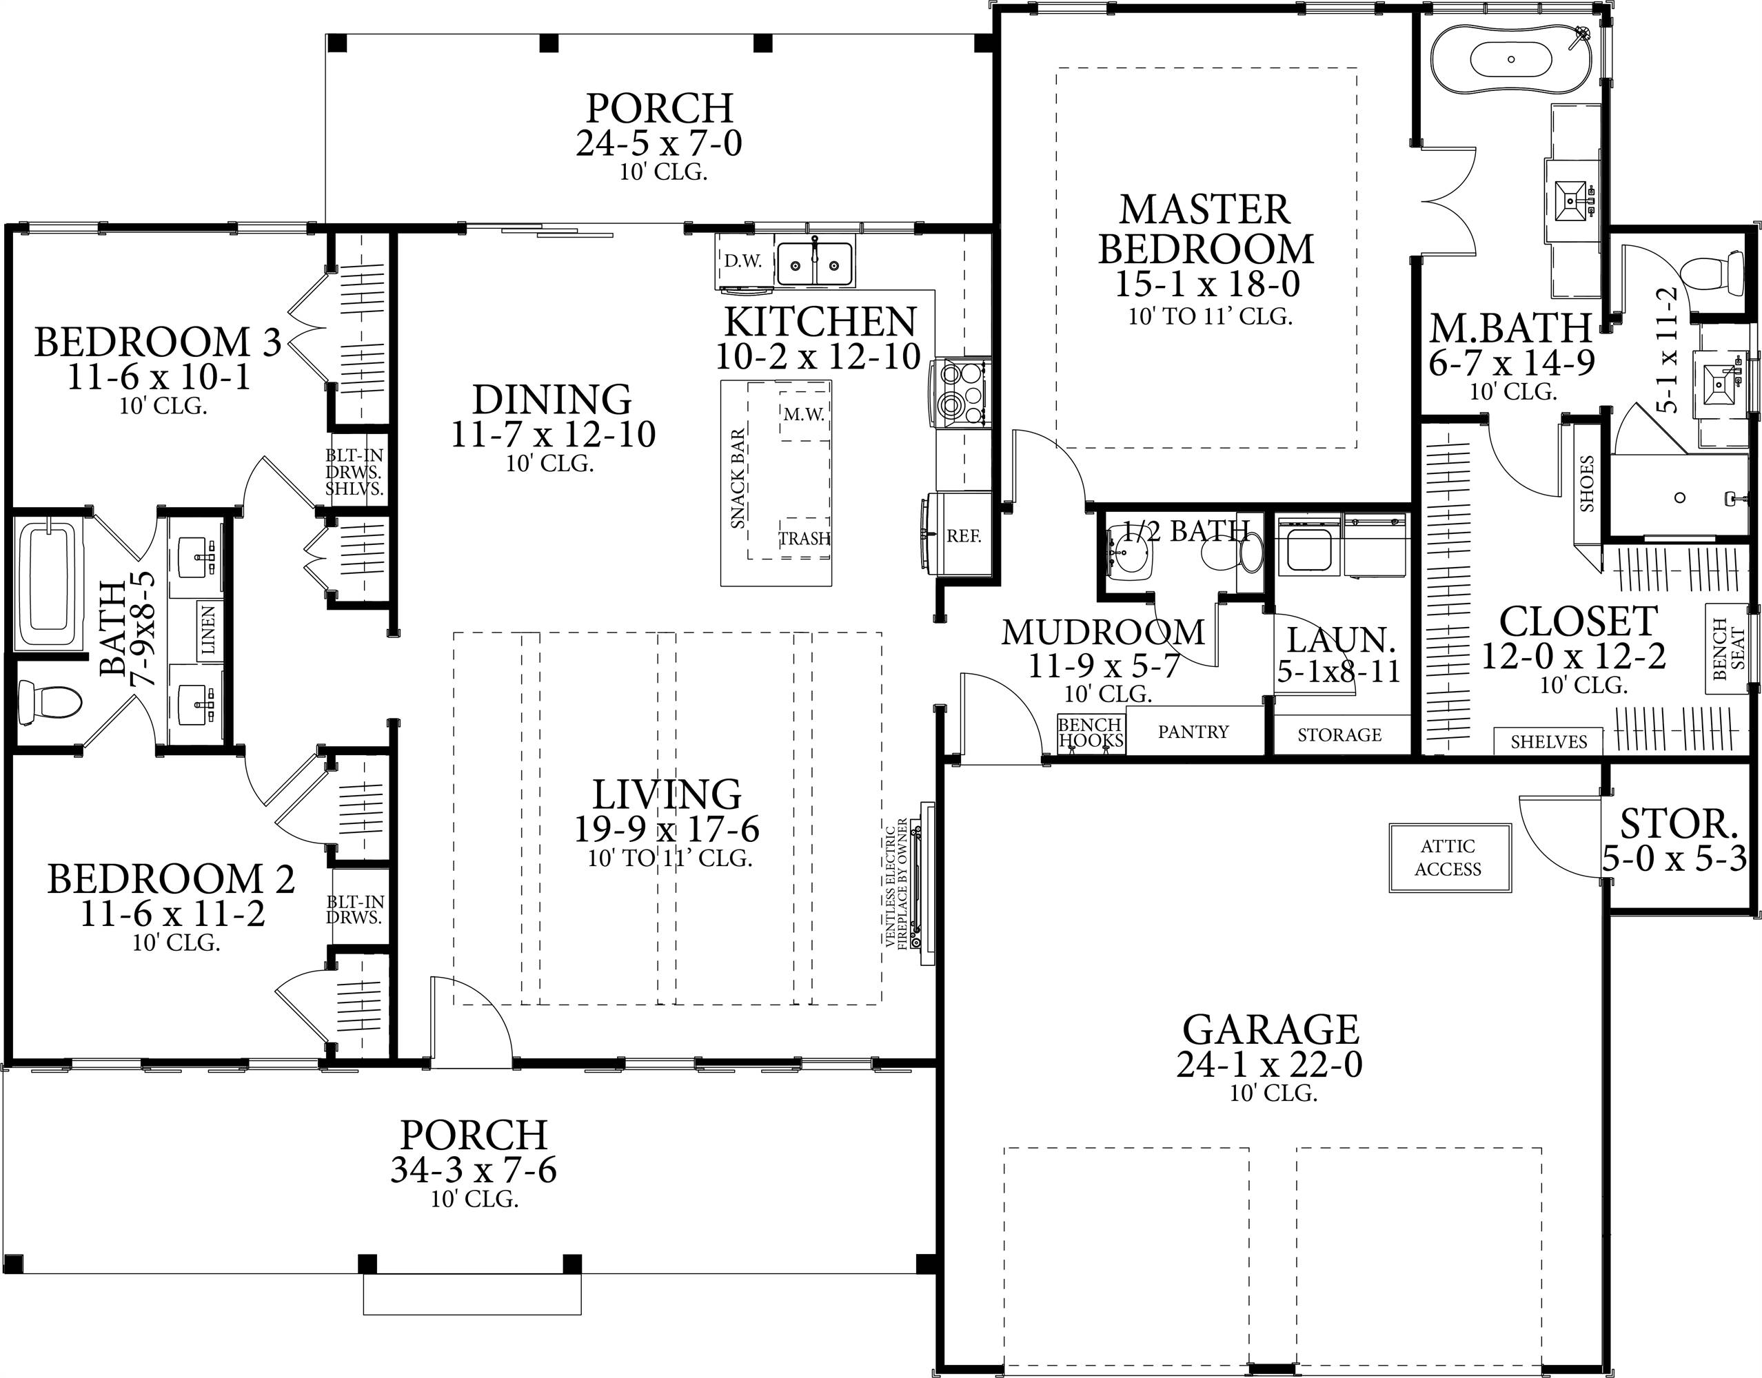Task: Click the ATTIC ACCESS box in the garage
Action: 1450,858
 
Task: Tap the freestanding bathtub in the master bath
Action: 1511,59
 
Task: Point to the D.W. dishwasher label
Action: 742,260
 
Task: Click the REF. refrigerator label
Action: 964,536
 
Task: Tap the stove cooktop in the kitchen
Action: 960,393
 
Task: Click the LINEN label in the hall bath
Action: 208,630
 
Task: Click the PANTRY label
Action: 1193,732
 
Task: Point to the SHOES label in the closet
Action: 1587,483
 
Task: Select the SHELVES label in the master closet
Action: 1549,741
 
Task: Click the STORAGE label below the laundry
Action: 1340,735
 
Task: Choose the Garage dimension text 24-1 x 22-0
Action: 1270,1064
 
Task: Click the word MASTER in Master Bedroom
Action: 1205,209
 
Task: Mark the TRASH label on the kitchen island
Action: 804,538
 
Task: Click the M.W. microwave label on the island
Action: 804,415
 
